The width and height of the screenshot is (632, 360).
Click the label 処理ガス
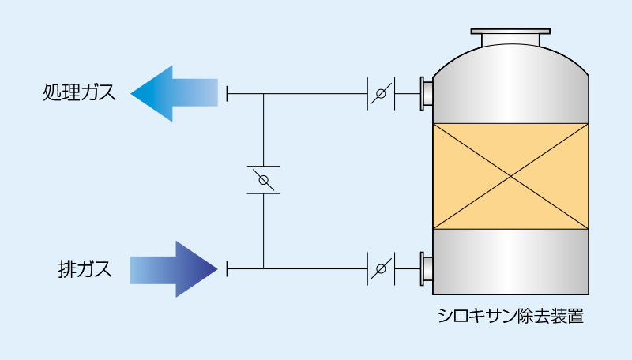click(x=79, y=94)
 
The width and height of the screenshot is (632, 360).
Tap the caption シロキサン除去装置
click(x=511, y=317)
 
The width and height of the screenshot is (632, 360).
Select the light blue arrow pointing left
click(x=173, y=93)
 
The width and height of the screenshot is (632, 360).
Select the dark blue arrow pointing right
click(x=173, y=268)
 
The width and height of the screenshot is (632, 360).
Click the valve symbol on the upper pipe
click(x=381, y=94)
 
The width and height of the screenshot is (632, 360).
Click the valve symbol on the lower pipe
click(x=381, y=269)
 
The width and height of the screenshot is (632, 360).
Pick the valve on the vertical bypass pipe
click(x=263, y=180)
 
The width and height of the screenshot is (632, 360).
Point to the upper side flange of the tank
click(x=426, y=94)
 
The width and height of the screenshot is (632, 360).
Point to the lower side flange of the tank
click(x=426, y=269)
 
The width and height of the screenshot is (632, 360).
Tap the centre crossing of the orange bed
click(x=511, y=177)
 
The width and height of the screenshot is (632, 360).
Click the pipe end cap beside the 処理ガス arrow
click(x=228, y=94)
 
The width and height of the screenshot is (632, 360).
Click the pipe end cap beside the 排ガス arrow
click(x=228, y=269)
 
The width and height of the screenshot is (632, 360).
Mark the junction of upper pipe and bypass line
click(x=263, y=94)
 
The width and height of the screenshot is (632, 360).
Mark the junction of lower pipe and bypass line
click(x=263, y=269)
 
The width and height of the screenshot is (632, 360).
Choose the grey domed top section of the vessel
click(x=511, y=83)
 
